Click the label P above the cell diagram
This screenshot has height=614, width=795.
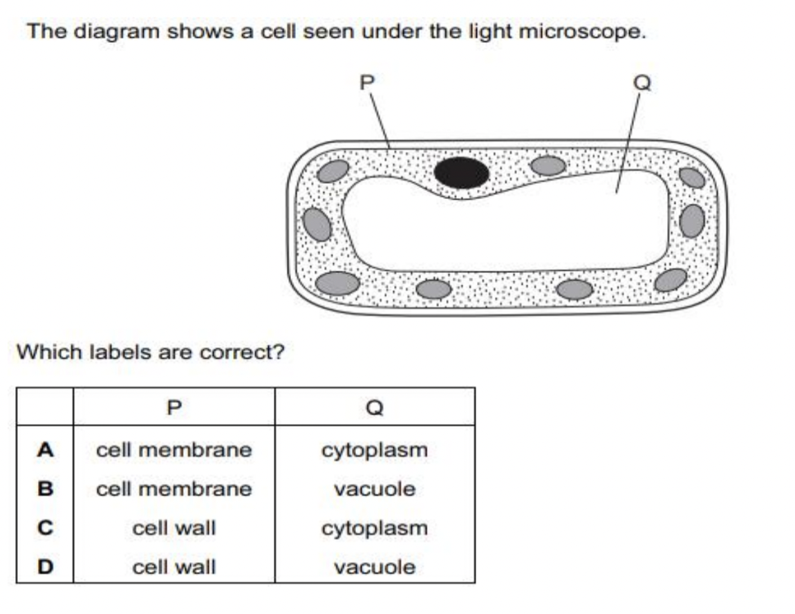[x=367, y=82]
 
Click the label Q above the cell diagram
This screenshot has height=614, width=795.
[x=642, y=82]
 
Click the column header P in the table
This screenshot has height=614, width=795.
[x=174, y=407]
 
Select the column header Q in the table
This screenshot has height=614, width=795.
[x=374, y=407]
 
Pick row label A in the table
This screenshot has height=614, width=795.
[x=45, y=450]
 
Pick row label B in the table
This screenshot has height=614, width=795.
[x=45, y=490]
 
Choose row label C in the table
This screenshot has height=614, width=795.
[x=45, y=528]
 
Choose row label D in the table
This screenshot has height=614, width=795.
[x=45, y=568]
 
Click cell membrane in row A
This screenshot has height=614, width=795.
[x=174, y=450]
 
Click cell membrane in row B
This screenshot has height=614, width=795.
[x=174, y=490]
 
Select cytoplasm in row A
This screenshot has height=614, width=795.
[x=374, y=450]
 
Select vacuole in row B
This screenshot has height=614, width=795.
[x=374, y=490]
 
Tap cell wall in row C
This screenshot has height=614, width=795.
[x=174, y=528]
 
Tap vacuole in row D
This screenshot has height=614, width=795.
[x=374, y=568]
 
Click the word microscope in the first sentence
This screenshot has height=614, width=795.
[x=580, y=32]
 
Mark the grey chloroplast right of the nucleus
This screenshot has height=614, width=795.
[x=548, y=165]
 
